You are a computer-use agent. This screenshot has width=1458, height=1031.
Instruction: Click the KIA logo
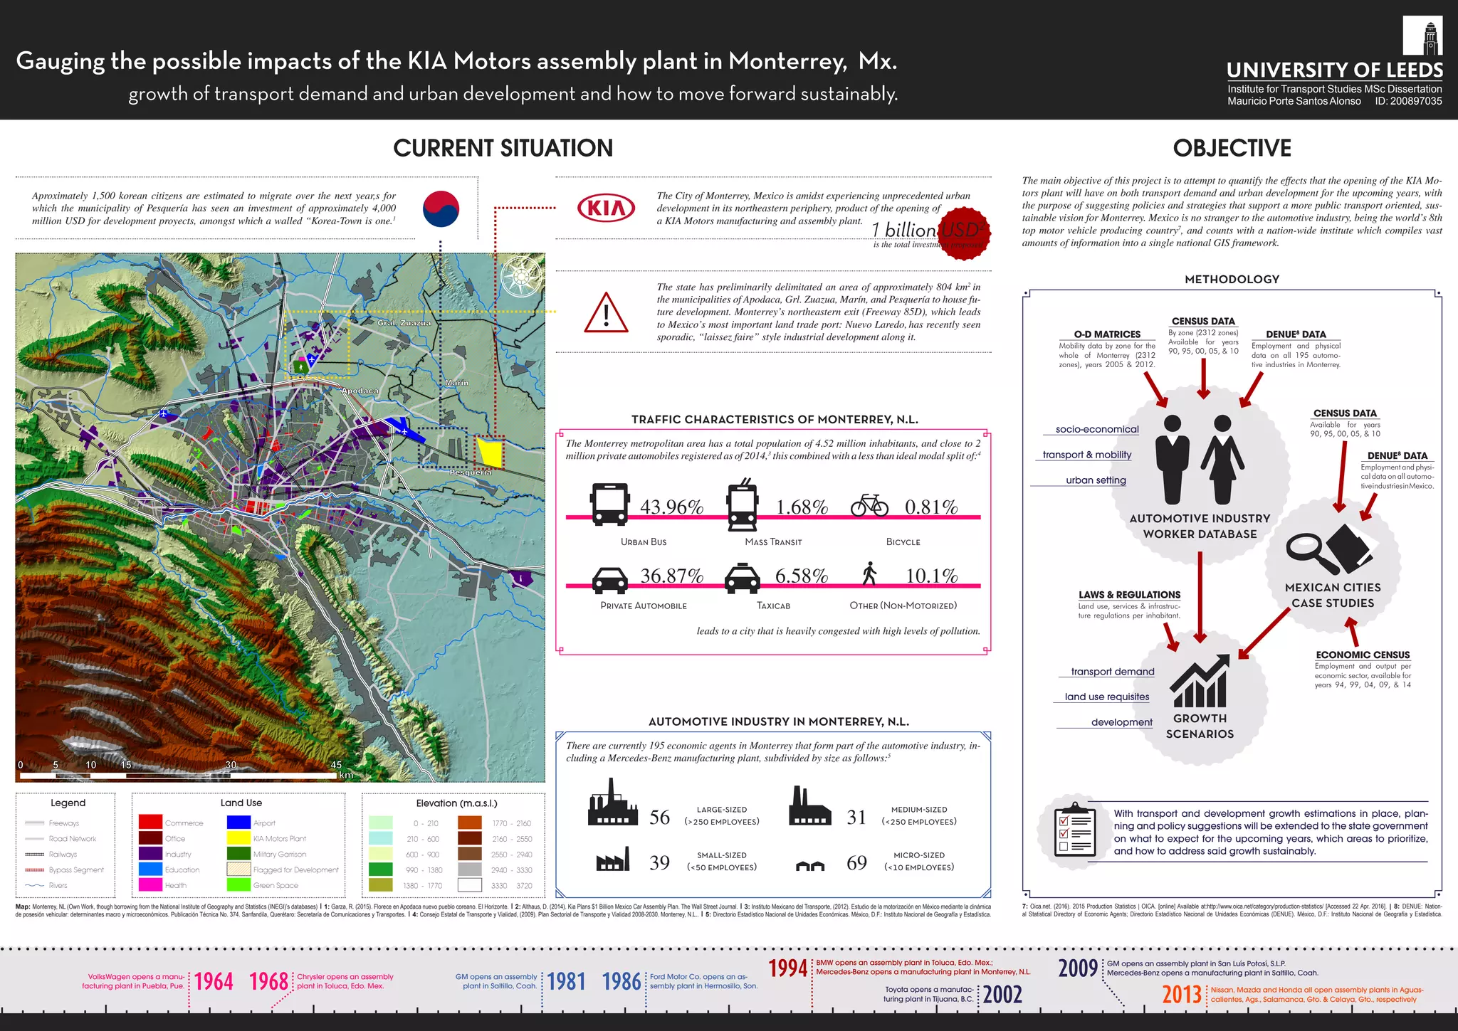click(x=606, y=208)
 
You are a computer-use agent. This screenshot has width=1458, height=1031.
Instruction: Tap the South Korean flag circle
click(x=441, y=209)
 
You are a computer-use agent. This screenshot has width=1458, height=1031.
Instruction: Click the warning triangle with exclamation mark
click(x=606, y=314)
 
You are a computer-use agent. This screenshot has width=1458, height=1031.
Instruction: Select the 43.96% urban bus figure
click(x=671, y=507)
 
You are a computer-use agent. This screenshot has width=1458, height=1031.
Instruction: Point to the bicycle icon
click(x=869, y=505)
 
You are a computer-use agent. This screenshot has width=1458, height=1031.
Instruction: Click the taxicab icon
click(x=742, y=578)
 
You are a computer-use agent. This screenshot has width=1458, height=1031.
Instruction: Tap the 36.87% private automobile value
click(x=671, y=576)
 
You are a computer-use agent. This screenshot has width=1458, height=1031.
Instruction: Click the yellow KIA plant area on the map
click(x=490, y=453)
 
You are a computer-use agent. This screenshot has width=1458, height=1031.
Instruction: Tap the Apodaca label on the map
click(x=360, y=391)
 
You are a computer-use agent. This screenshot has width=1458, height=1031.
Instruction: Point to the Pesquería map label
click(x=471, y=472)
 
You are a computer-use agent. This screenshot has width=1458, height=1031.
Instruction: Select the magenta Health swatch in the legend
click(x=150, y=884)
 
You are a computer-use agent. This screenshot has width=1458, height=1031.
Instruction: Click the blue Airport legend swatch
click(x=238, y=823)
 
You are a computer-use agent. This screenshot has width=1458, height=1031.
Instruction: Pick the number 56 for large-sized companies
click(x=659, y=818)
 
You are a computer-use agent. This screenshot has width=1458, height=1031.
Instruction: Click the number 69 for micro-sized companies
click(x=856, y=863)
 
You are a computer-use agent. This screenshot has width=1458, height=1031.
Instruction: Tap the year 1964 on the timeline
click(x=214, y=982)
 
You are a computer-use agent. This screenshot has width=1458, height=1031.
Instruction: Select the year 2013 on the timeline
click(x=1182, y=994)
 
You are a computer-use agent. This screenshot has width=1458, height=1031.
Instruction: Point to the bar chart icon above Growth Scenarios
click(x=1200, y=682)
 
